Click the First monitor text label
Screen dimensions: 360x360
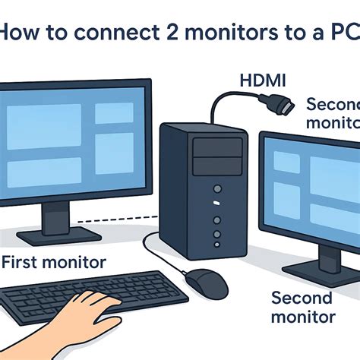click(54, 263)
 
